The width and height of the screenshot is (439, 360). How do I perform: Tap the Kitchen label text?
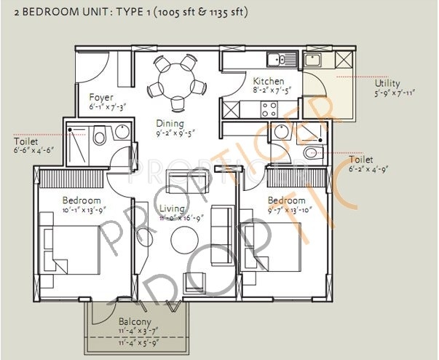[268, 82]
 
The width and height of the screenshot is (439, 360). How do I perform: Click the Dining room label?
[169, 123]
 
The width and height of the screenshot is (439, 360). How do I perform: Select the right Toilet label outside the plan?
[360, 159]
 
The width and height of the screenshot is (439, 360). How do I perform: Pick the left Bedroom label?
[81, 200]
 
